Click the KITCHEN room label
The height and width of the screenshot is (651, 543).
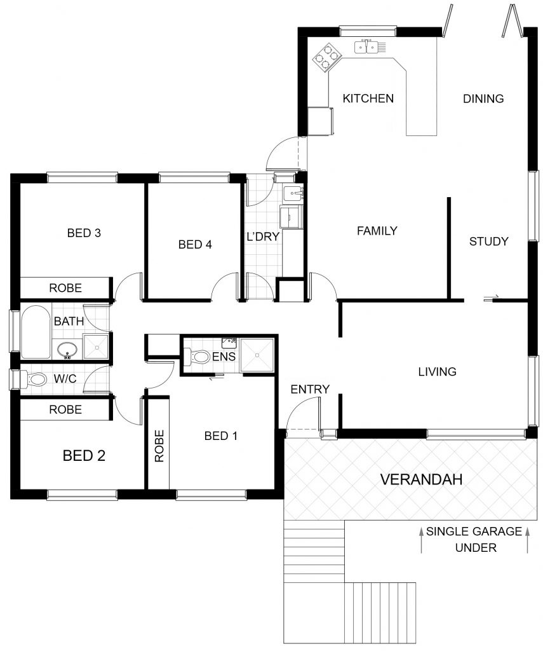pos(368,99)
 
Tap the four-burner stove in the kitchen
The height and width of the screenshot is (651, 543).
pos(326,56)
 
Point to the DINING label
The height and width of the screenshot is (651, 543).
pos(483,99)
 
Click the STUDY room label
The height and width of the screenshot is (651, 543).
pos(488,241)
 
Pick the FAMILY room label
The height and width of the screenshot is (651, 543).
pos(377,230)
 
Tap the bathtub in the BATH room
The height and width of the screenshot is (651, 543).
pos(36,332)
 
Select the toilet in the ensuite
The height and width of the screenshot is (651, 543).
pos(198,357)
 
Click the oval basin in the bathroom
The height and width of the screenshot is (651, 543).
pos(67,350)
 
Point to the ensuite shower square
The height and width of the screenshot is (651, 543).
pos(257,355)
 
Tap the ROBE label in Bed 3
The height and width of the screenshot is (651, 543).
pos(65,288)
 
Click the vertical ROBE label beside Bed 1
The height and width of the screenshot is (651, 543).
pos(159,446)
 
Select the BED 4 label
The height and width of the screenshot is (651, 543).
pos(195,245)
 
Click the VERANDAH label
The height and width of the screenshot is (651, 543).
pos(421,479)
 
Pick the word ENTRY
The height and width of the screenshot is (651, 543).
pos(310,389)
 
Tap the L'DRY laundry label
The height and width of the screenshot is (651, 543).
pos(263,236)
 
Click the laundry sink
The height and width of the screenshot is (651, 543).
pos(293,193)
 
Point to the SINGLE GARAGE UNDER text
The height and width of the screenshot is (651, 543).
pos(474,539)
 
